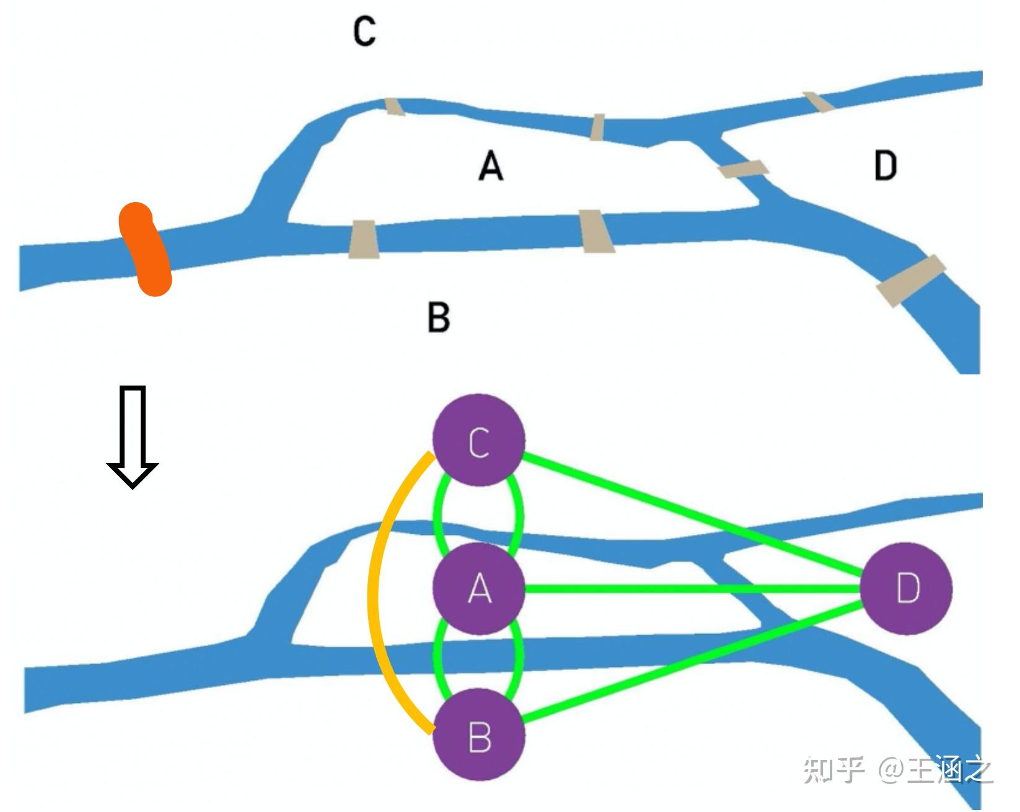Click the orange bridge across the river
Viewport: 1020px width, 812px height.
point(145,249)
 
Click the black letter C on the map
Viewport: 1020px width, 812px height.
point(364,31)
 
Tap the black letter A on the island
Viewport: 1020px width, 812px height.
point(491,167)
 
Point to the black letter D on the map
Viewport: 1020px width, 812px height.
point(886,166)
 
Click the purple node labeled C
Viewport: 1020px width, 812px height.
point(479,441)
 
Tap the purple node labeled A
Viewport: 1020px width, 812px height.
point(479,588)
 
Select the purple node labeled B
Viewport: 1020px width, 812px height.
point(479,736)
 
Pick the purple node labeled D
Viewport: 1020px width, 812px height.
point(907,588)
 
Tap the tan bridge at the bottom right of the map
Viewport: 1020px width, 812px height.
point(910,280)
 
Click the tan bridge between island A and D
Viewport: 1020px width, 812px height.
point(743,169)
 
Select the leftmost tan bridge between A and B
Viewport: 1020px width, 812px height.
point(363,239)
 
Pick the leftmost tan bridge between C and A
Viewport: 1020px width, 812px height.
point(394,107)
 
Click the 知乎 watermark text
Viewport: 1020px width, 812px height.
point(833,770)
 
